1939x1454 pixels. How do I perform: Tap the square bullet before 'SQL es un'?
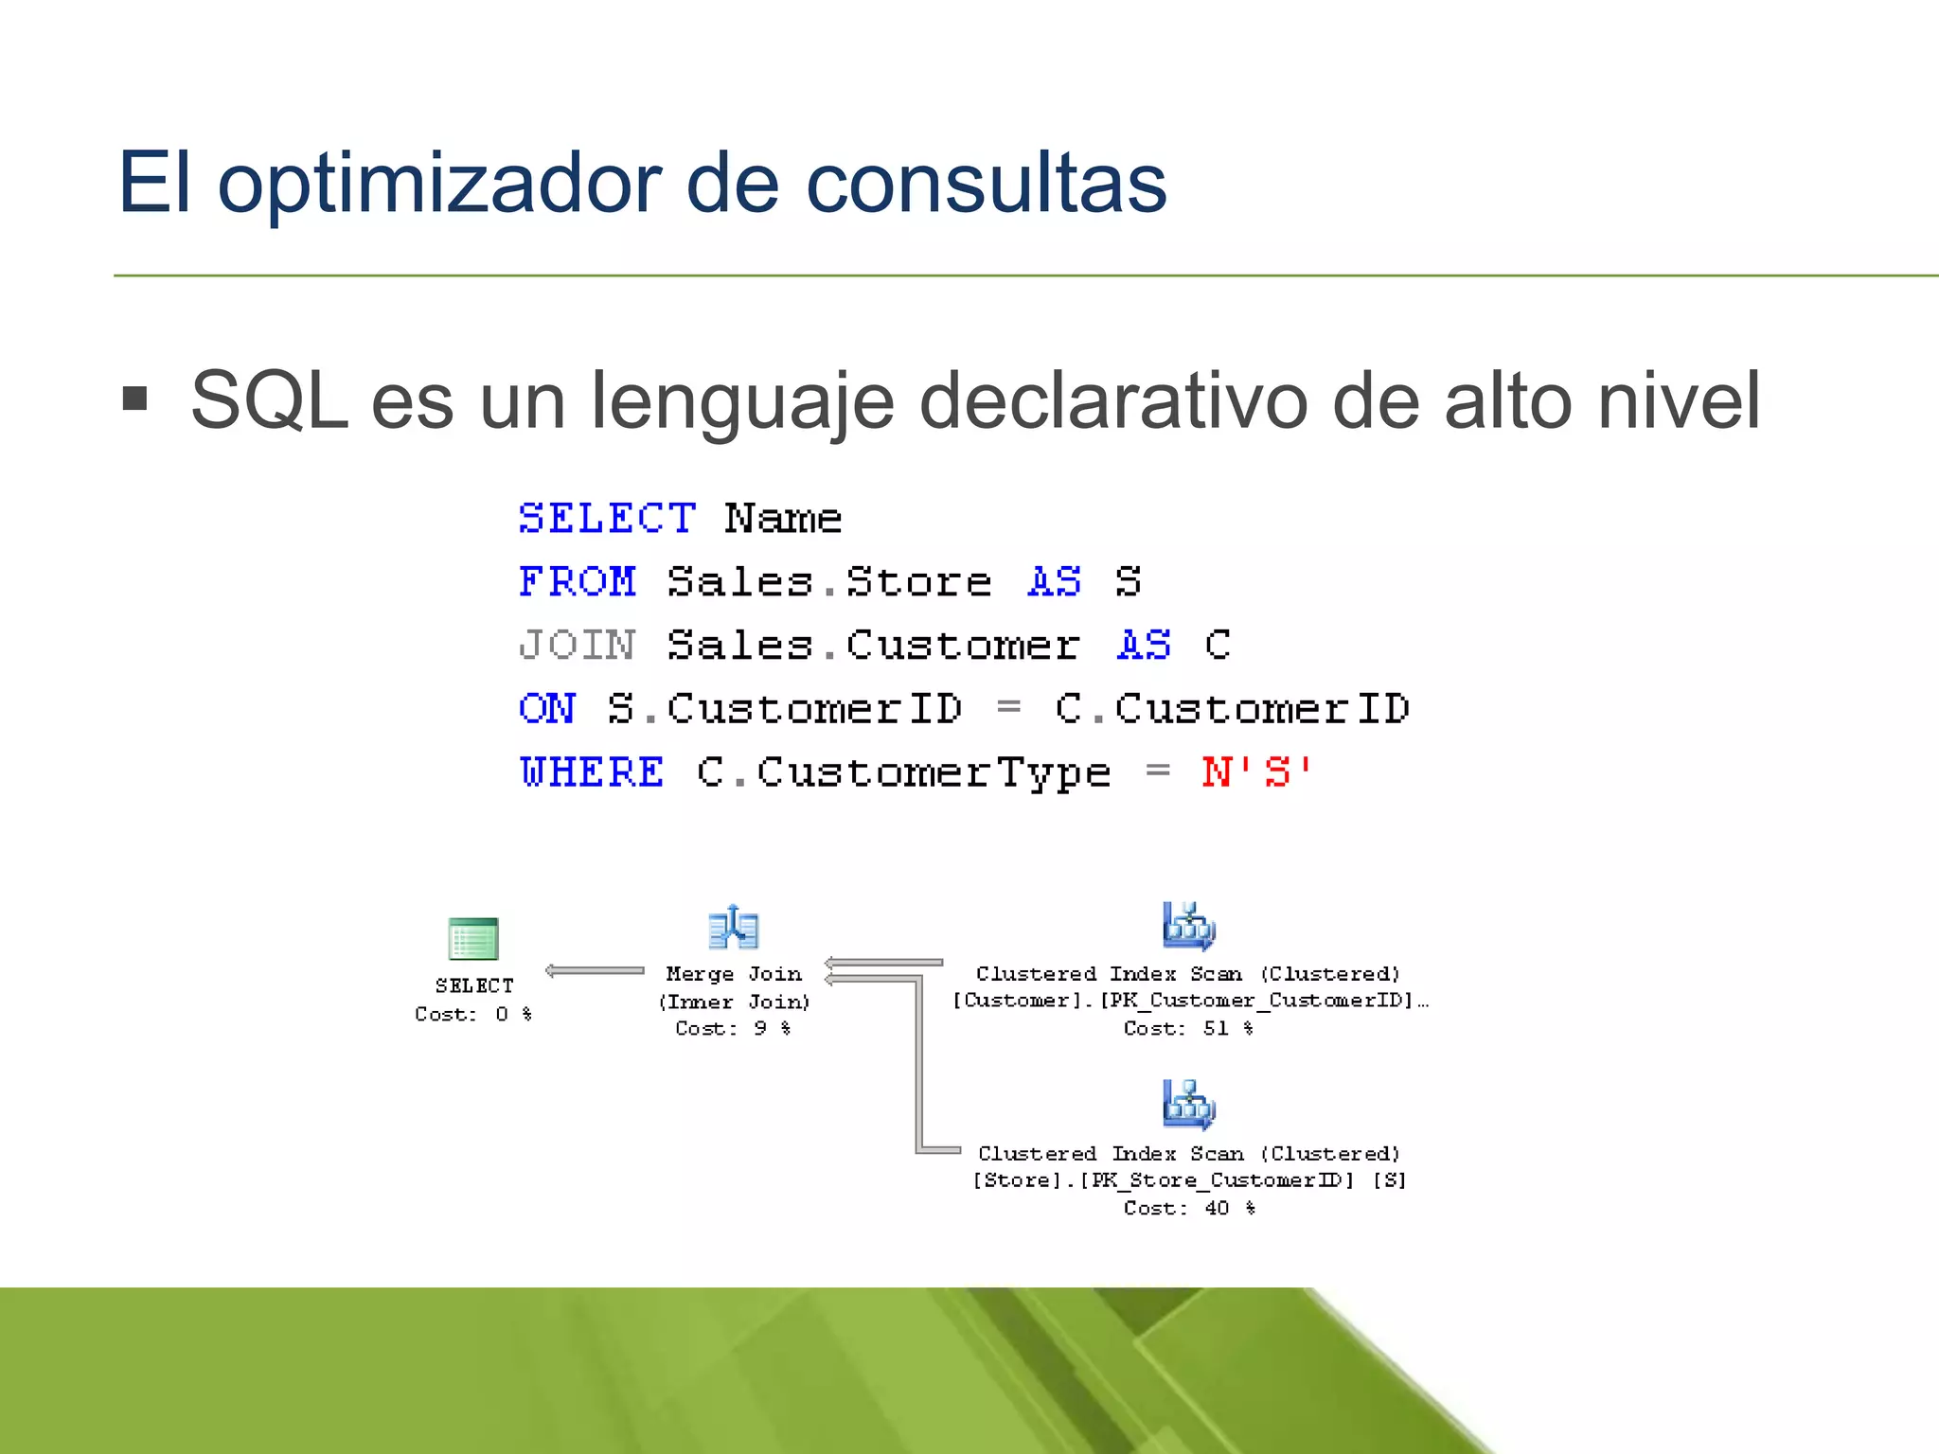click(135, 399)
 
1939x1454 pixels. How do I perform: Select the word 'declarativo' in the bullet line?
click(1113, 400)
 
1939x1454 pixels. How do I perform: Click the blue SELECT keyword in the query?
click(607, 518)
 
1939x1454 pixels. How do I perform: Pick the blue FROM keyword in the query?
click(578, 581)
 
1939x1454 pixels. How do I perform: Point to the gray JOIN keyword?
click(578, 645)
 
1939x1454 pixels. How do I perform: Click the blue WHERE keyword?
click(592, 772)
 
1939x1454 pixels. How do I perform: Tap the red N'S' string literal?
click(1256, 772)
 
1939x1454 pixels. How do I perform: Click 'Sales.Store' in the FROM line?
click(829, 581)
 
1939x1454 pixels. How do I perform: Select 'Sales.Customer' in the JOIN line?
click(873, 645)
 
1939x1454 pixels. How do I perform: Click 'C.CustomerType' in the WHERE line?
click(903, 772)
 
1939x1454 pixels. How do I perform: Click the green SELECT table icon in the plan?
click(473, 938)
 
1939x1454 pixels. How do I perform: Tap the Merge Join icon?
click(734, 927)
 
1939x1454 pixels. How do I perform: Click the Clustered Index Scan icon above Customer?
click(1188, 925)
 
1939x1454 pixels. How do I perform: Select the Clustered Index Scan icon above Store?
click(1188, 1104)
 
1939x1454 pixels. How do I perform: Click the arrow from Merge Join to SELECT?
click(595, 970)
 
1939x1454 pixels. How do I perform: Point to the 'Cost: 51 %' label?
click(1188, 1028)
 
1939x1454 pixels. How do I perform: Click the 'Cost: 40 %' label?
click(1189, 1208)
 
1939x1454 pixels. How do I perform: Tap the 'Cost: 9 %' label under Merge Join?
click(733, 1028)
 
